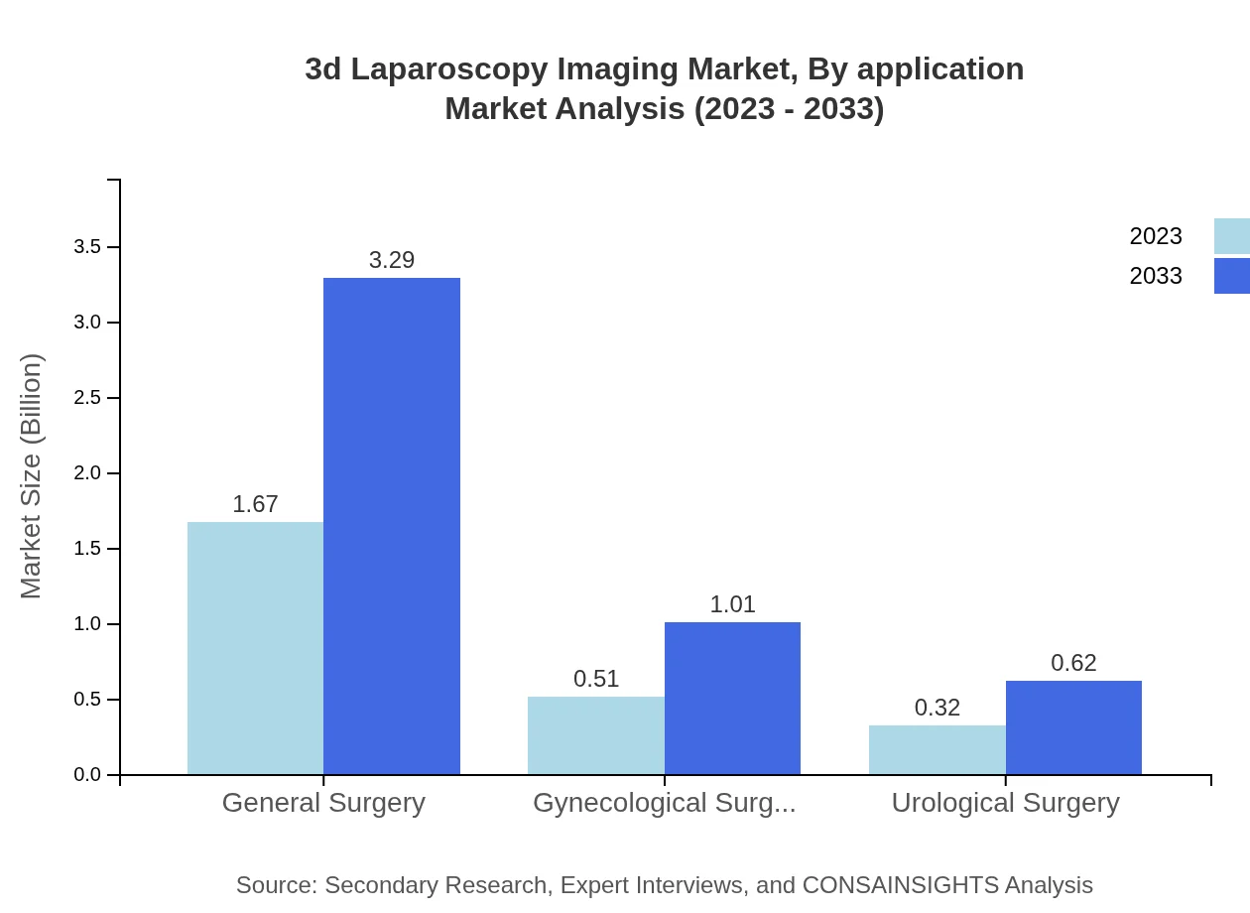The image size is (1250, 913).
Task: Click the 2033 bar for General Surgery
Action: point(392,526)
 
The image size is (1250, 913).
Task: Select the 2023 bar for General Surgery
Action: point(255,648)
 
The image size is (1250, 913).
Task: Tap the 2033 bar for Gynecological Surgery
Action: point(732,698)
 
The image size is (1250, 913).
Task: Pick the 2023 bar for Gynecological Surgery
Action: point(595,735)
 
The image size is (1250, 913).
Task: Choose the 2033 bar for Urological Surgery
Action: point(1073,727)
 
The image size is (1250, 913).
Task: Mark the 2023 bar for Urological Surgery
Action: point(937,749)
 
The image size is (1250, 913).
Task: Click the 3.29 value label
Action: point(392,260)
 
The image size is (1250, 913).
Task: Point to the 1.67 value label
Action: point(255,504)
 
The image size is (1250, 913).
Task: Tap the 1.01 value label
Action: point(732,604)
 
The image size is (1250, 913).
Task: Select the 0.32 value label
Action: point(937,708)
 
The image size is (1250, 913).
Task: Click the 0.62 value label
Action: point(1073,663)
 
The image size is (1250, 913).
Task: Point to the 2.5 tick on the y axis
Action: point(87,398)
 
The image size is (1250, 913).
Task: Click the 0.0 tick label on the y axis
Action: point(87,775)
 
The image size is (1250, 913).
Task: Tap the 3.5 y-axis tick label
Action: point(87,247)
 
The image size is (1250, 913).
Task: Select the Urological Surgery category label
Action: point(1005,803)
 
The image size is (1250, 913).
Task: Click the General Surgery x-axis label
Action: point(323,803)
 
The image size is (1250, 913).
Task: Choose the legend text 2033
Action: point(1156,276)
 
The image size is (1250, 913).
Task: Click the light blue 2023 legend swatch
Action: point(1231,236)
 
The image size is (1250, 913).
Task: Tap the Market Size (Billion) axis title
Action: point(32,476)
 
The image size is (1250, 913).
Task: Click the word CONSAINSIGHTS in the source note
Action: point(900,885)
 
